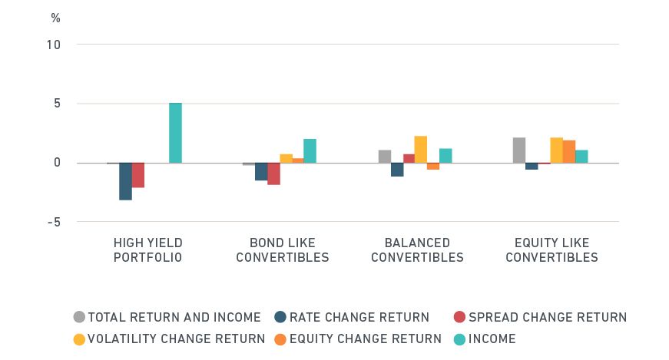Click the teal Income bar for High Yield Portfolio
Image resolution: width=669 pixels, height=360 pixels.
click(175, 133)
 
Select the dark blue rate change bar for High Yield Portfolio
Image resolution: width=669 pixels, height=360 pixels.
click(125, 181)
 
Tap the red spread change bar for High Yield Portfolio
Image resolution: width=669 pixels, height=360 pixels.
click(138, 175)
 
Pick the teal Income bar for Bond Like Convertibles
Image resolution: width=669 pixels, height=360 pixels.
click(310, 150)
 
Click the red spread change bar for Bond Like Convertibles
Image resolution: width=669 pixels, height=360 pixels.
click(273, 173)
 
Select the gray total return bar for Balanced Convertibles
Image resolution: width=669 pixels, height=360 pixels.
click(385, 157)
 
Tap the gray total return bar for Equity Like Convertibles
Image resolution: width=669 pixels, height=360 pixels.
click(519, 150)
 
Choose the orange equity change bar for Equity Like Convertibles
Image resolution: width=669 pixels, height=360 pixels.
click(569, 151)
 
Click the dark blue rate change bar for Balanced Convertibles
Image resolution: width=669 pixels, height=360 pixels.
click(397, 170)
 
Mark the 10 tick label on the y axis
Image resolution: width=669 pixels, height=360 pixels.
click(53, 45)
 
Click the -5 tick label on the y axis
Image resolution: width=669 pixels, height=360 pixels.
click(53, 222)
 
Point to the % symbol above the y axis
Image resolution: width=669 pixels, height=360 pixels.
click(55, 17)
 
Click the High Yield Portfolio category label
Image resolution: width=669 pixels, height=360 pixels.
click(148, 250)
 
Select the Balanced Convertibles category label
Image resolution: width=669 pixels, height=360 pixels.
click(417, 250)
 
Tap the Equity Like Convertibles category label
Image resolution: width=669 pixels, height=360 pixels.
click(551, 250)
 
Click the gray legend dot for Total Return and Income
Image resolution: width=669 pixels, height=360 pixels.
click(79, 317)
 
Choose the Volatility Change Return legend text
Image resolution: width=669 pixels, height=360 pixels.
click(176, 339)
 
